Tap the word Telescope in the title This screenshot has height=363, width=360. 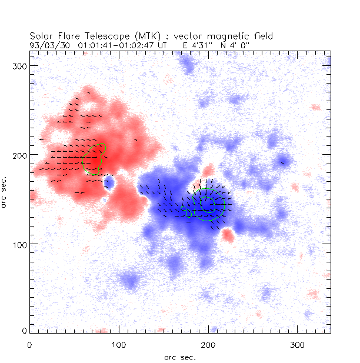[101, 36]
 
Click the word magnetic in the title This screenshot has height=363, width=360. [230, 36]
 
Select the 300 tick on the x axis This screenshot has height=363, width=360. [297, 342]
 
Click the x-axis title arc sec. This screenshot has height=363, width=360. [180, 357]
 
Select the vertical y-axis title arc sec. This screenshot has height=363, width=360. [5, 192]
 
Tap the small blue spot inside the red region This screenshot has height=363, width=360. [108, 183]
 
